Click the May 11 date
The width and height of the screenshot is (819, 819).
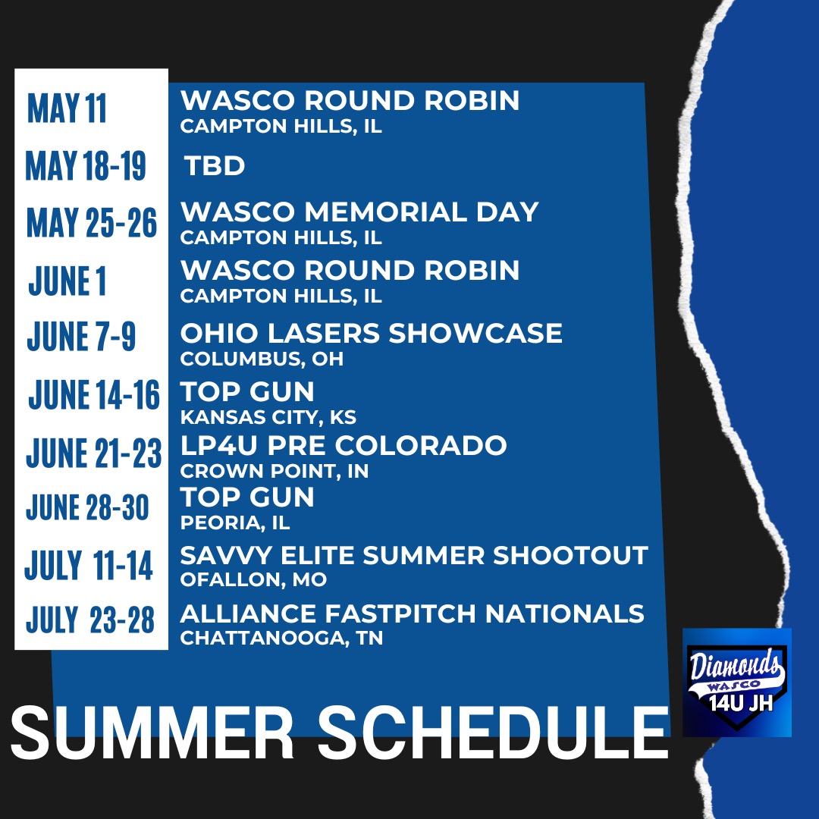[x=67, y=109]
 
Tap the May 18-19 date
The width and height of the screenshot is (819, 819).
[x=85, y=166]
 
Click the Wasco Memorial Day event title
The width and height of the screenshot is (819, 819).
[x=359, y=212]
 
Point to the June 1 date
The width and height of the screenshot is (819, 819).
[x=67, y=281]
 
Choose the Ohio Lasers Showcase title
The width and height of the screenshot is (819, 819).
[x=371, y=334]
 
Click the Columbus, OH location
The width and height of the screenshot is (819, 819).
[x=262, y=359]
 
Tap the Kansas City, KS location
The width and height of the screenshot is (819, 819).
[x=268, y=417]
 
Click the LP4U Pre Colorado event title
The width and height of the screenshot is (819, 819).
[x=343, y=446]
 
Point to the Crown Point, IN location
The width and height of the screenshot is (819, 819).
[x=274, y=471]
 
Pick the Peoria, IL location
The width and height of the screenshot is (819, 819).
[x=235, y=522]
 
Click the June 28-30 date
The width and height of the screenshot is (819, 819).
[x=87, y=508]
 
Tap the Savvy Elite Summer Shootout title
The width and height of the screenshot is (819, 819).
[x=413, y=556]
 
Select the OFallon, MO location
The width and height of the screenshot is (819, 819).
[x=253, y=580]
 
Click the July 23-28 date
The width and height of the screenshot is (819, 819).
[x=90, y=620]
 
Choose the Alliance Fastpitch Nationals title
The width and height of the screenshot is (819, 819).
[x=412, y=613]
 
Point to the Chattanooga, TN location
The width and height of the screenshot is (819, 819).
[x=281, y=639]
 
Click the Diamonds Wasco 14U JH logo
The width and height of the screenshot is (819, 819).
[x=736, y=682]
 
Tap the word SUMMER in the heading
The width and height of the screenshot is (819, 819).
[x=152, y=733]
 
